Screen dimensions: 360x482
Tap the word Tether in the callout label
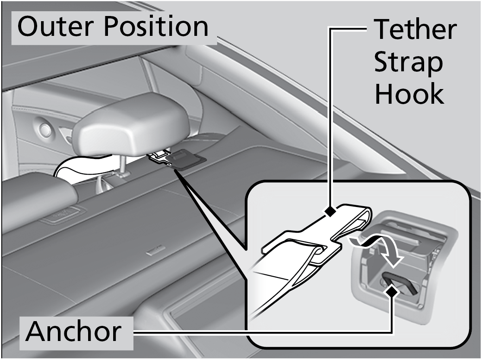[415, 30]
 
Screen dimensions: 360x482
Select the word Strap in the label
[408, 63]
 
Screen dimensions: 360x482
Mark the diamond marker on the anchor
[392, 292]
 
